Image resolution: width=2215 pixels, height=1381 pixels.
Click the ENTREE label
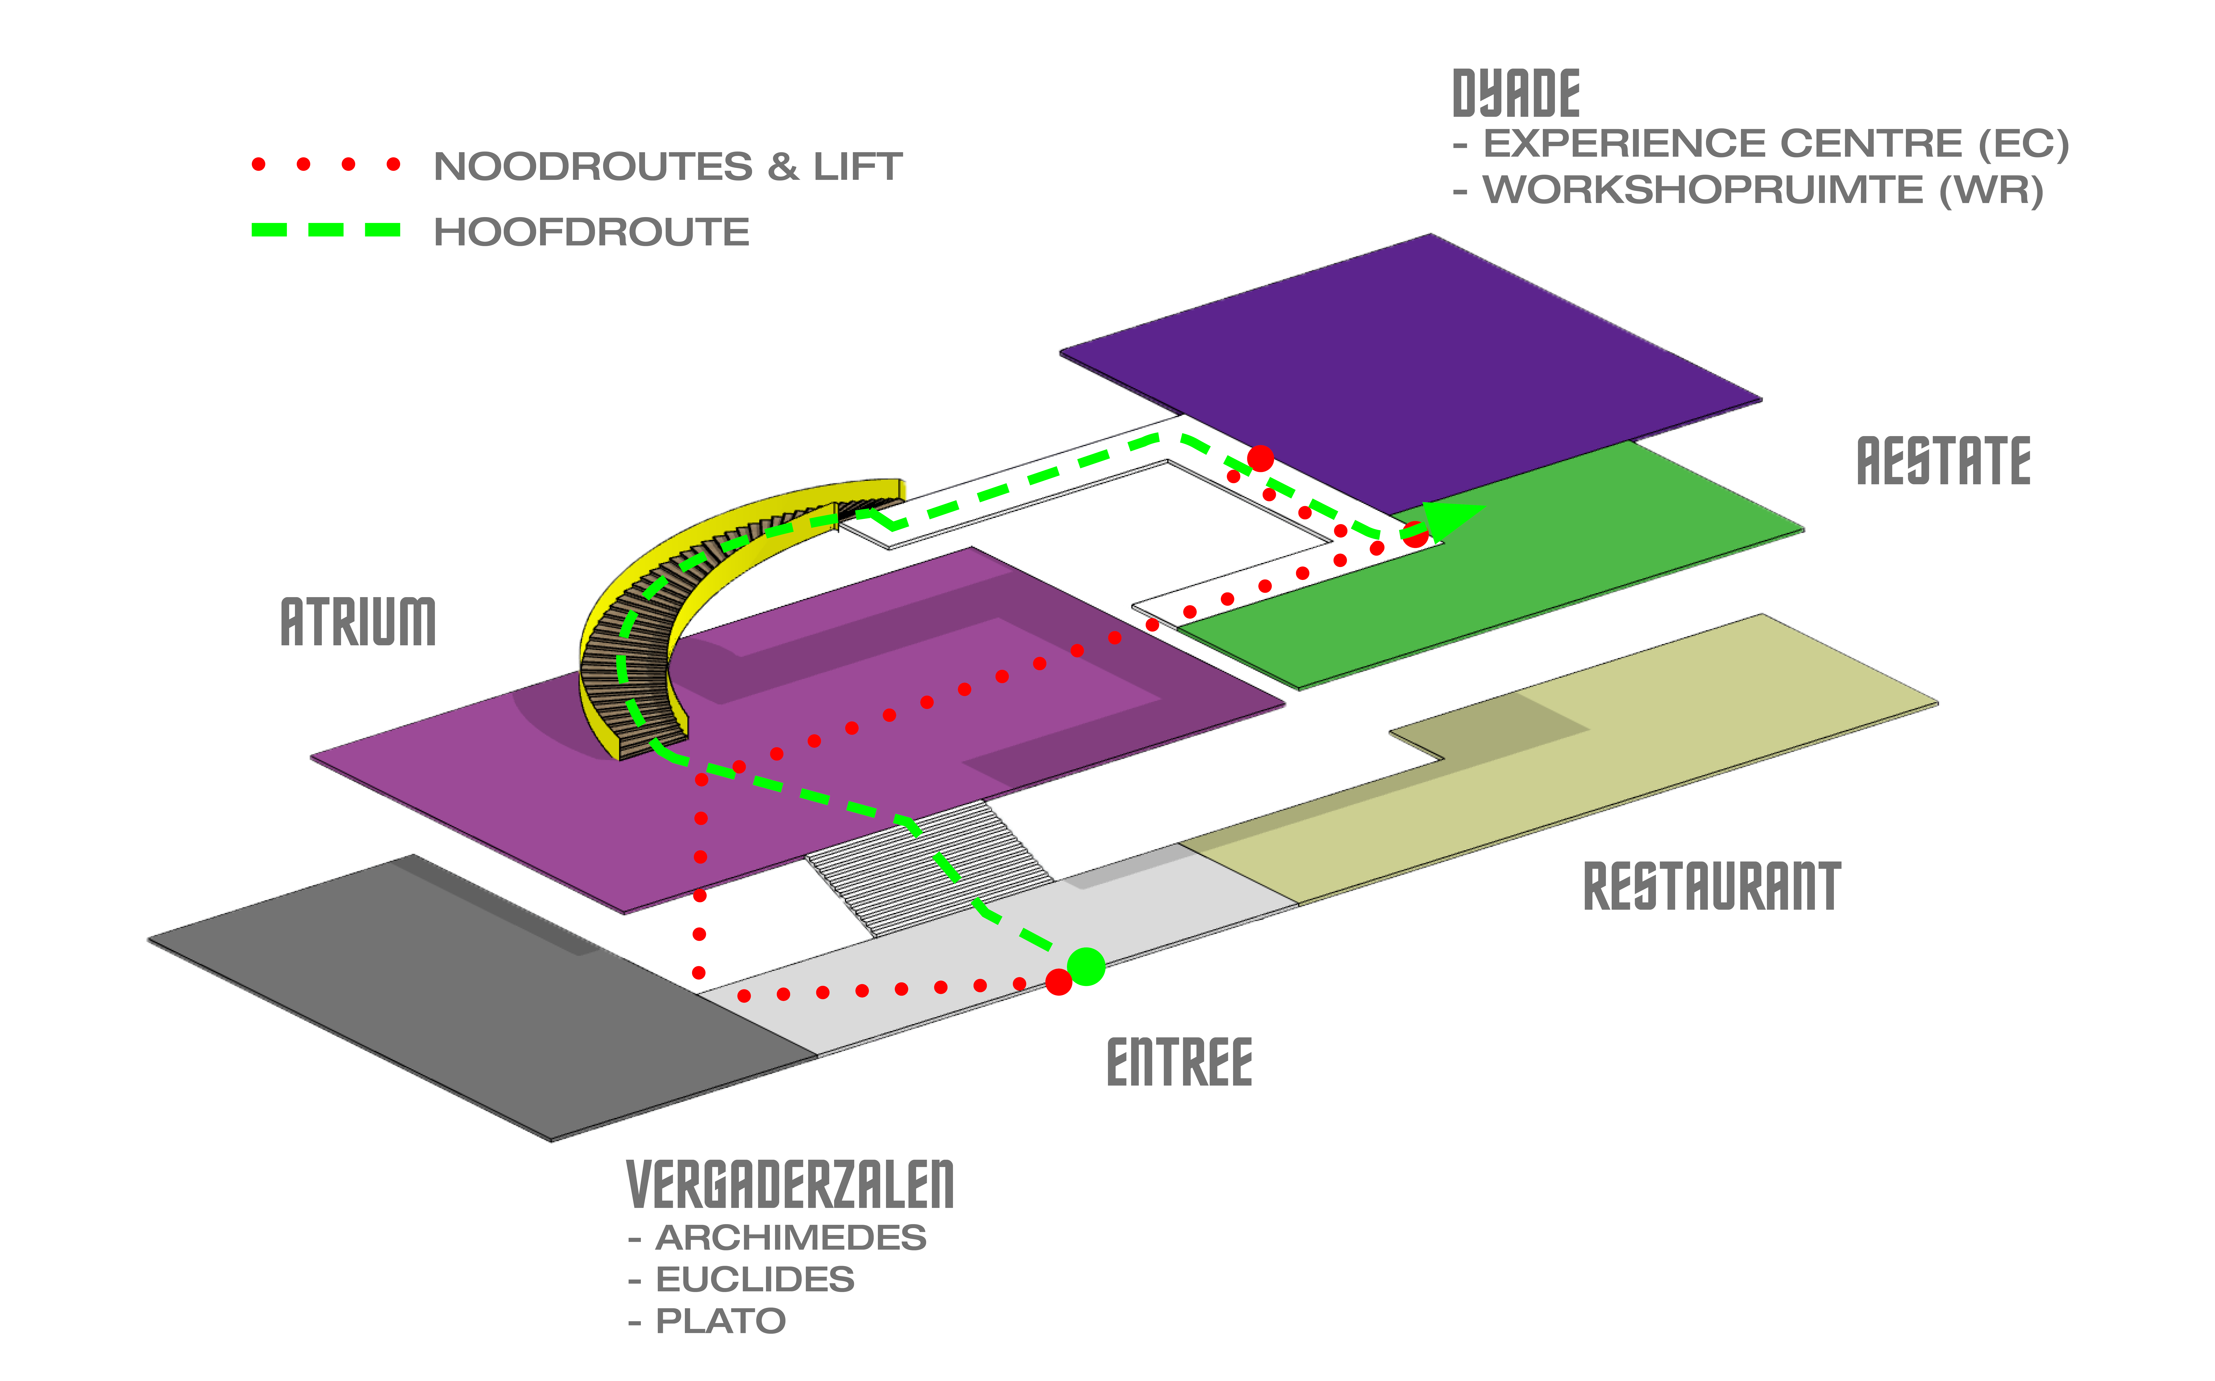pyautogui.click(x=1179, y=1063)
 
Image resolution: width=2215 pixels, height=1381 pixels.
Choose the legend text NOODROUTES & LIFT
pyautogui.click(x=668, y=166)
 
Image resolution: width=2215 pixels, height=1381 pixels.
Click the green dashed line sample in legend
pyautogui.click(x=326, y=230)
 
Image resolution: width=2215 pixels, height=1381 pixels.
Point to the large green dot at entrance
pyautogui.click(x=1085, y=966)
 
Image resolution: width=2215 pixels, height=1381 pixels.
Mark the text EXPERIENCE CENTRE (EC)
pyautogui.click(x=1776, y=143)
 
